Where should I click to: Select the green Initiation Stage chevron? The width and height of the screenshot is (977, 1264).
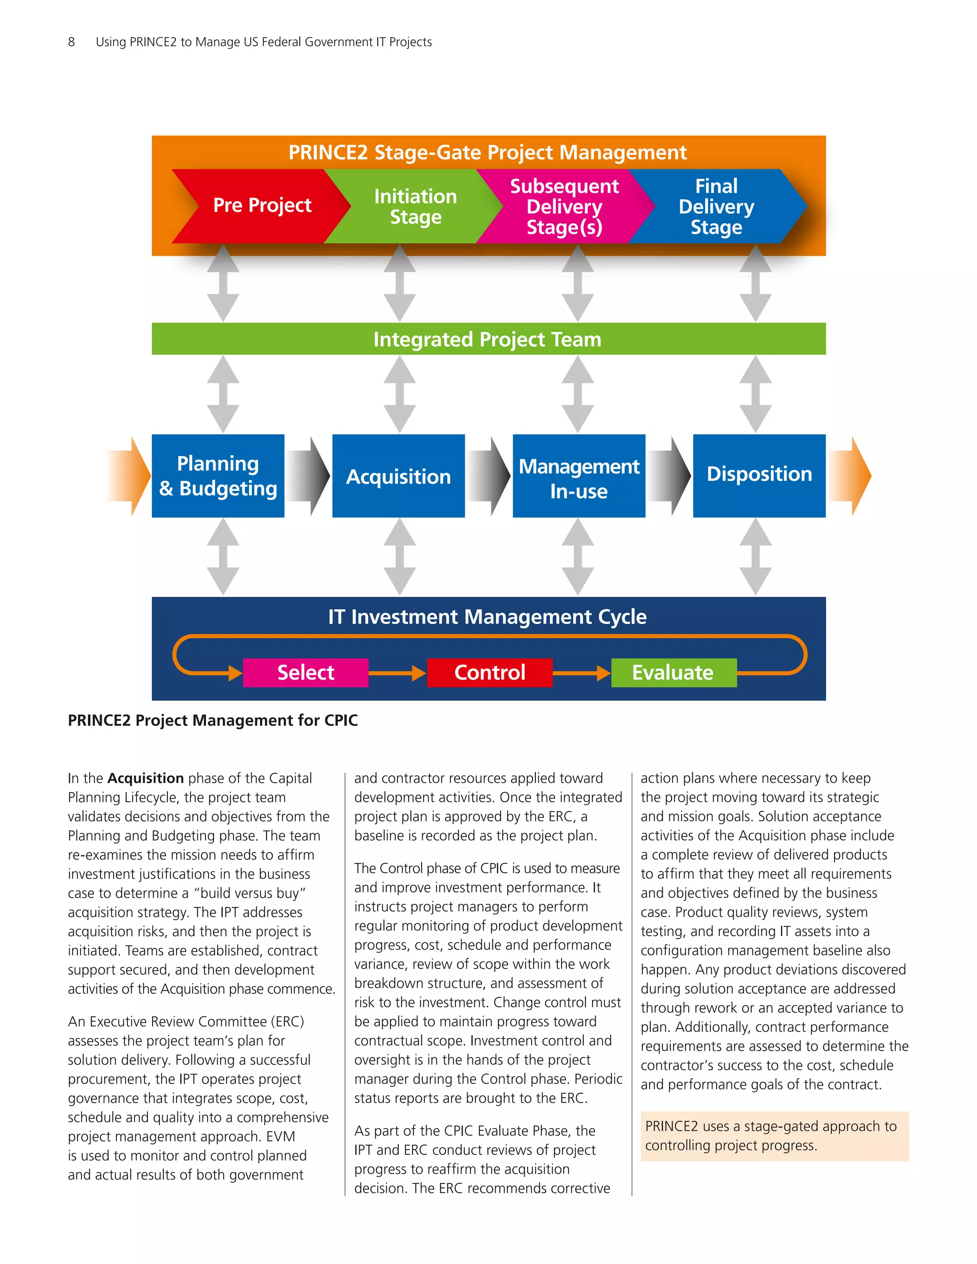[415, 206]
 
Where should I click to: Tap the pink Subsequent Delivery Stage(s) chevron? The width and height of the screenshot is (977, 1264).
[564, 206]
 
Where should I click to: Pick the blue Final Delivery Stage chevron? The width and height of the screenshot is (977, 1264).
[716, 206]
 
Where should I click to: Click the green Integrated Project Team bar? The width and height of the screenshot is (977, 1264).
[488, 339]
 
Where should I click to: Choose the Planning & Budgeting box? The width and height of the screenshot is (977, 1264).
[218, 476]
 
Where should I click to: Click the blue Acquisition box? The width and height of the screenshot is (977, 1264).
[398, 476]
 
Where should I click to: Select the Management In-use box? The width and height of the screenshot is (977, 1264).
[578, 476]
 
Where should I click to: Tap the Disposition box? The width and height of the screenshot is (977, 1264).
[759, 476]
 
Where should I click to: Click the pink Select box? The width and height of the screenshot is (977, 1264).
[306, 673]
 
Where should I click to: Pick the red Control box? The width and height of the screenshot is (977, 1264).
[489, 673]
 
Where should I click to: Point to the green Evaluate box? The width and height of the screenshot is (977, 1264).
[674, 673]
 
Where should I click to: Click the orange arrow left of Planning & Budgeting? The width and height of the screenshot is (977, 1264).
[130, 476]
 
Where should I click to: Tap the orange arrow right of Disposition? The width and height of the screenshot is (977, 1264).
[850, 476]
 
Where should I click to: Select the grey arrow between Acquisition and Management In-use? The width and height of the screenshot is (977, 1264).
[489, 476]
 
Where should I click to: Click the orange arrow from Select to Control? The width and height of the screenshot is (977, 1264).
[397, 673]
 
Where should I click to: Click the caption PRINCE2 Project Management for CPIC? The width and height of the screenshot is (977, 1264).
[212, 721]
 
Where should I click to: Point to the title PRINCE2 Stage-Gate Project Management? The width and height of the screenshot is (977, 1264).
[488, 153]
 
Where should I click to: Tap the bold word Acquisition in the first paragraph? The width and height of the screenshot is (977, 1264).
[146, 778]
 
